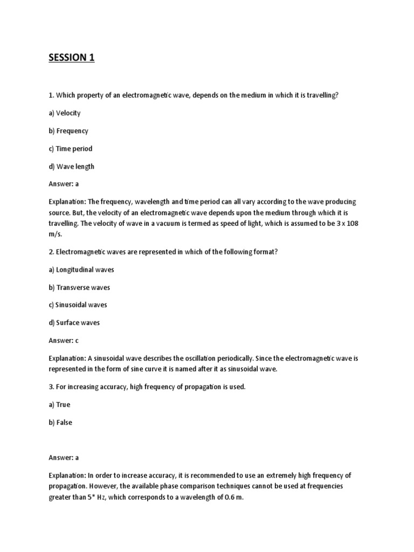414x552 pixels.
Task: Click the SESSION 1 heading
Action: [x=72, y=58]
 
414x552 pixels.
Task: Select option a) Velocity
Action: [x=65, y=113]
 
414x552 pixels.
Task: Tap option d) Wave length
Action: [x=71, y=167]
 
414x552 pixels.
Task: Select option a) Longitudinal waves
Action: [x=81, y=270]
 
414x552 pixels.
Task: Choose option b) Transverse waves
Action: [x=79, y=287]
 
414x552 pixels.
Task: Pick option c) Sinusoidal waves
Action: [x=78, y=305]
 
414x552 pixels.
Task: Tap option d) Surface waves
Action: [x=74, y=323]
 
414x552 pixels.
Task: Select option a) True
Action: [x=60, y=405]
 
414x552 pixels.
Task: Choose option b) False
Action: [x=60, y=423]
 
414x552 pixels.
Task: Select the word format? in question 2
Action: [x=265, y=252]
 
